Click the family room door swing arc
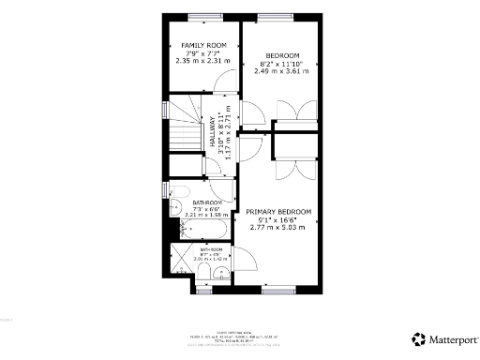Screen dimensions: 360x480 tap(222, 82)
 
